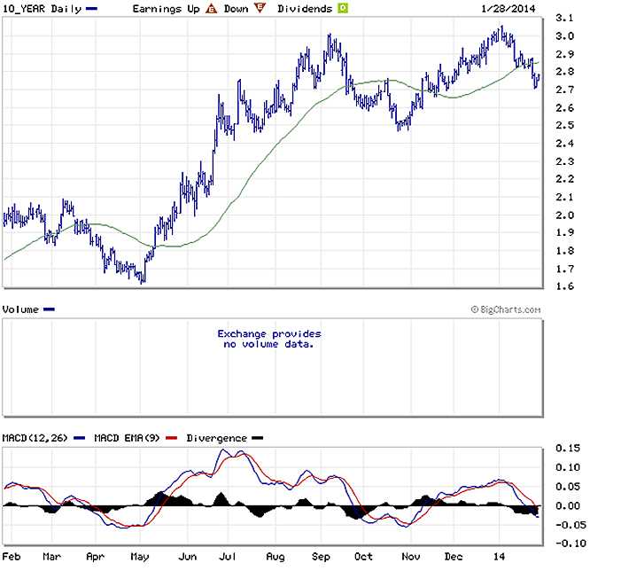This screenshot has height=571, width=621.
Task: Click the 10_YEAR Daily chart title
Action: coord(43,8)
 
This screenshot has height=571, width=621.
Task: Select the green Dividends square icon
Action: coord(341,9)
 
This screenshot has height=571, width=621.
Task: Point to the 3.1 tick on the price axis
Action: coord(563,19)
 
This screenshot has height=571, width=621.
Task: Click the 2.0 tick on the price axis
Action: coord(563,215)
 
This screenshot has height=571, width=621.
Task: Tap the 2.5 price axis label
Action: coord(563,126)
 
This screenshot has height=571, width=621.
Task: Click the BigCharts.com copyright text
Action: coord(506,309)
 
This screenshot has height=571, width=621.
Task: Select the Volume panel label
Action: coord(21,309)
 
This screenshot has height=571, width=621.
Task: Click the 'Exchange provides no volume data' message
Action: coord(269,339)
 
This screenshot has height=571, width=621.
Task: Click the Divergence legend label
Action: coord(212,438)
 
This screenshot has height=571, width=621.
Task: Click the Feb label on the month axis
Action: coord(12,558)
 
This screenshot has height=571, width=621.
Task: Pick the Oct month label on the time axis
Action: coord(361,558)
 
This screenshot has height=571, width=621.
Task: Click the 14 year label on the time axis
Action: coord(500,558)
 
